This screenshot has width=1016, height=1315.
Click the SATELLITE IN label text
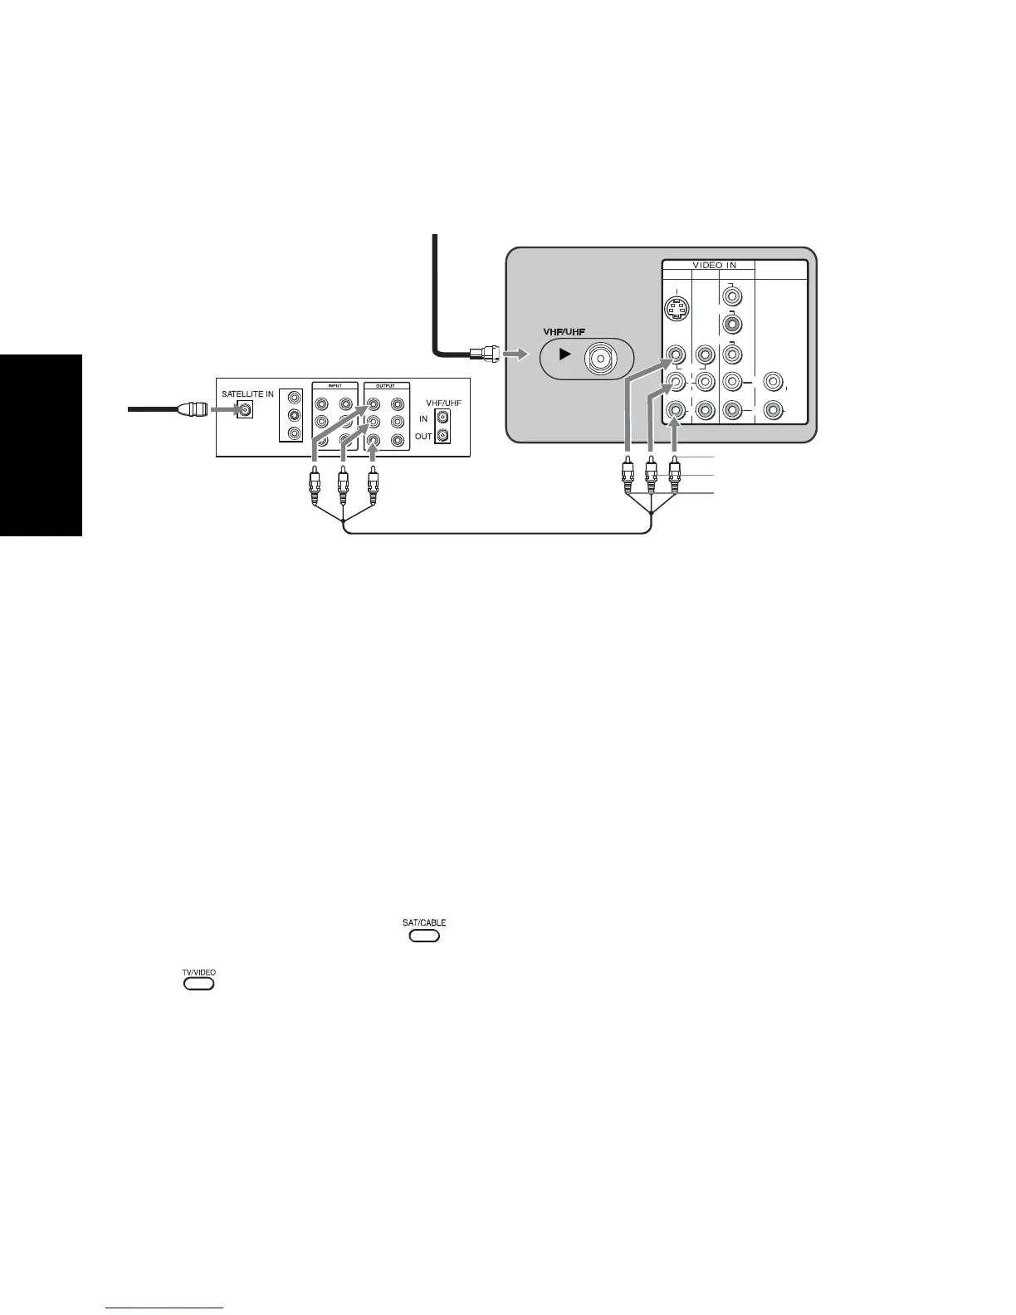(x=247, y=394)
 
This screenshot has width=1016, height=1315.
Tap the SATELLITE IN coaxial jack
(x=245, y=409)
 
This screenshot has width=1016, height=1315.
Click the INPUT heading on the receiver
(x=335, y=386)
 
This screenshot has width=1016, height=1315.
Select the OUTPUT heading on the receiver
(x=387, y=386)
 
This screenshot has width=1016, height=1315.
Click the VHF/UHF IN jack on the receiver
(x=443, y=418)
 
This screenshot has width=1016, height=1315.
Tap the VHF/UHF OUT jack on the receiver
(x=443, y=435)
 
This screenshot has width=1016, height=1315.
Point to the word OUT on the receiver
(x=423, y=436)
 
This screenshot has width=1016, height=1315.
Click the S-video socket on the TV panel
(x=679, y=310)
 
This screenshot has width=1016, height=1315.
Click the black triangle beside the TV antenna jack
(x=564, y=354)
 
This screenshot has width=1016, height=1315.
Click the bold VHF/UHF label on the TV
(x=564, y=332)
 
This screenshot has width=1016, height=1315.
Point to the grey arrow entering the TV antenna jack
(x=515, y=354)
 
